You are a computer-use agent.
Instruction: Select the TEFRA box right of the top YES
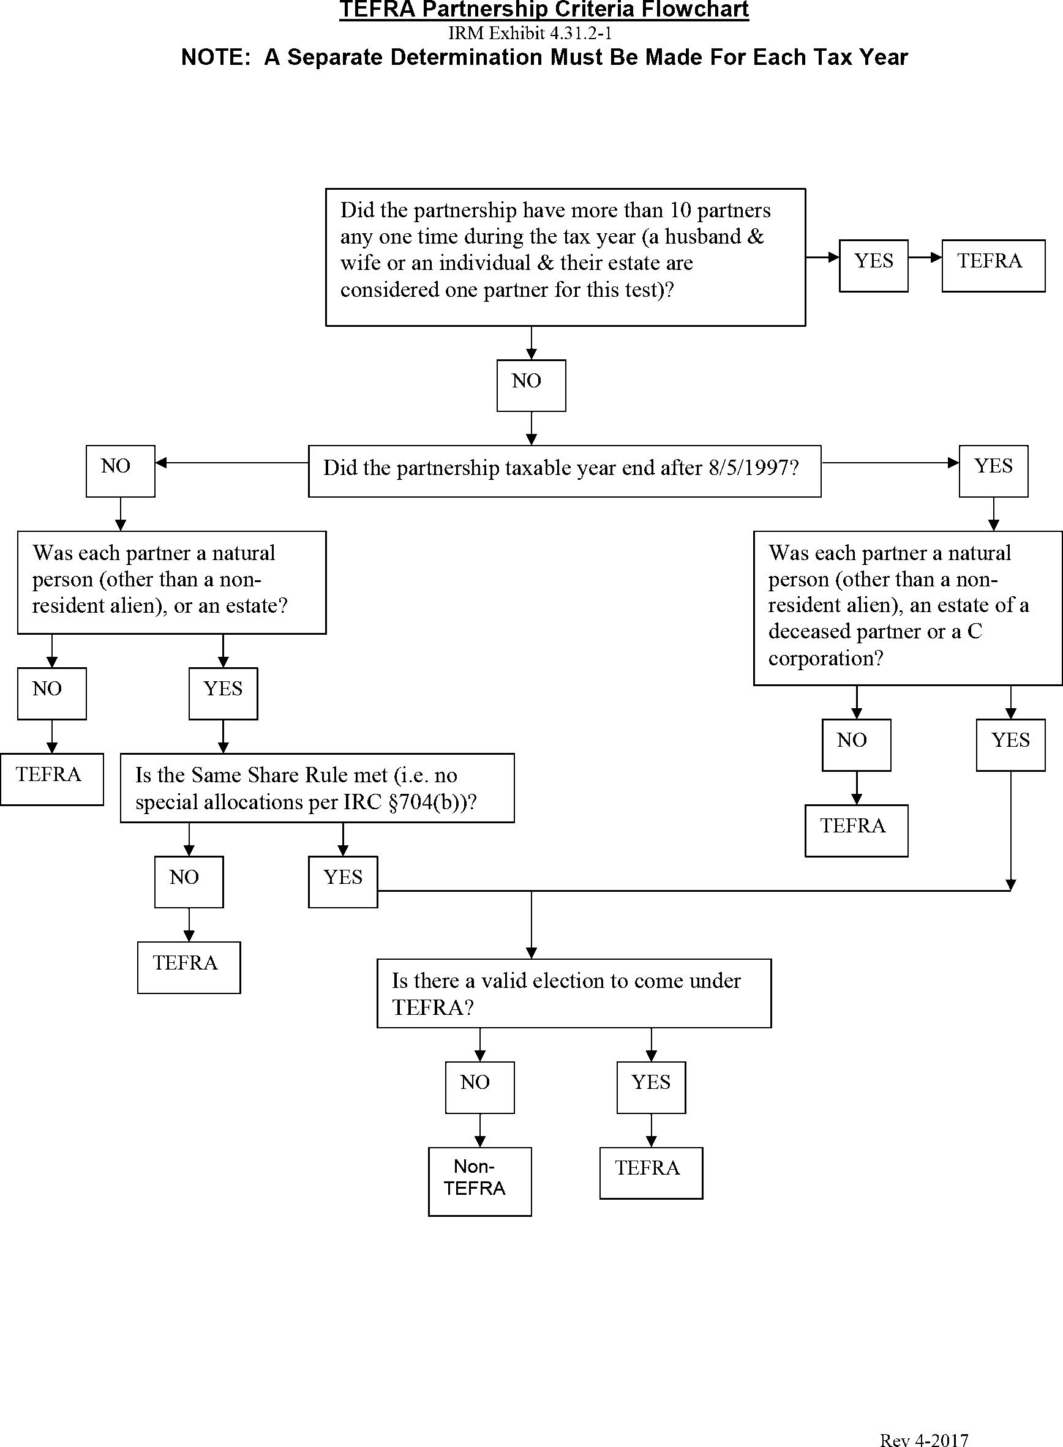click(x=993, y=266)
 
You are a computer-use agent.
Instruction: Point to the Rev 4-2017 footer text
click(x=923, y=1440)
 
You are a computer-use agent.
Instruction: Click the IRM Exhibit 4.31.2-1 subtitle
click(x=530, y=33)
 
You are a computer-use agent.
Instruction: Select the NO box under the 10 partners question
click(x=531, y=385)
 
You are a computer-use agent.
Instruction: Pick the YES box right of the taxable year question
click(x=993, y=471)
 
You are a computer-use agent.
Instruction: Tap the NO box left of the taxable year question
click(x=121, y=471)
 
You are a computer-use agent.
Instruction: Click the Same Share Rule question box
click(x=317, y=788)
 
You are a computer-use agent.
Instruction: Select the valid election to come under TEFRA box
click(x=573, y=993)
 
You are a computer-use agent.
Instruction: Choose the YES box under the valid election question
click(x=650, y=1087)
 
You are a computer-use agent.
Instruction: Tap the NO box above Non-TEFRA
click(x=479, y=1087)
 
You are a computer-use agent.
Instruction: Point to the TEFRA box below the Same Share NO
click(x=189, y=967)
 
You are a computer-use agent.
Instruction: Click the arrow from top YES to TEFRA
click(x=925, y=258)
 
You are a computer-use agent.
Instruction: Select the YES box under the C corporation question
click(x=1010, y=745)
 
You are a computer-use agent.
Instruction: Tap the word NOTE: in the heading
click(x=216, y=58)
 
